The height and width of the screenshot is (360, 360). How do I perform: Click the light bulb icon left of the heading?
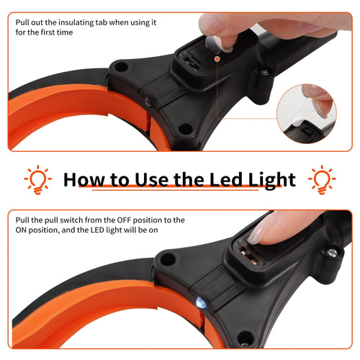[38, 179]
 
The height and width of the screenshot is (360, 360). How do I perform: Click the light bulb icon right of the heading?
[322, 179]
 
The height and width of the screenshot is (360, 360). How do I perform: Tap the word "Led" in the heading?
[226, 179]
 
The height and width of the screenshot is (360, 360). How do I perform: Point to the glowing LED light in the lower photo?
[201, 303]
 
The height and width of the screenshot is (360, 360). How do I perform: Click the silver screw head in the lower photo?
[332, 253]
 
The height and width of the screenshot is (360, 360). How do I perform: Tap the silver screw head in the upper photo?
[265, 72]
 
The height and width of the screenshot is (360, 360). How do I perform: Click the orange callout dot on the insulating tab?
[217, 58]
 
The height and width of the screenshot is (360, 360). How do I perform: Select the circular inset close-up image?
[307, 114]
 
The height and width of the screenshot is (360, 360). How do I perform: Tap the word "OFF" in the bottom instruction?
[124, 220]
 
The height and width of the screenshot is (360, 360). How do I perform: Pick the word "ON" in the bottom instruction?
[20, 230]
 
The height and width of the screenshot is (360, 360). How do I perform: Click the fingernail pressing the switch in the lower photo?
[255, 233]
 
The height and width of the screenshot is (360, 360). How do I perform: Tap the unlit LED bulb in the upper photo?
[148, 102]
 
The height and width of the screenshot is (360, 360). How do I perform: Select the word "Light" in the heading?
[272, 181]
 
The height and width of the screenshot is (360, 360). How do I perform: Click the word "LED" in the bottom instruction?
[97, 230]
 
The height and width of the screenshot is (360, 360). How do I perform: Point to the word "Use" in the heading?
[151, 179]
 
